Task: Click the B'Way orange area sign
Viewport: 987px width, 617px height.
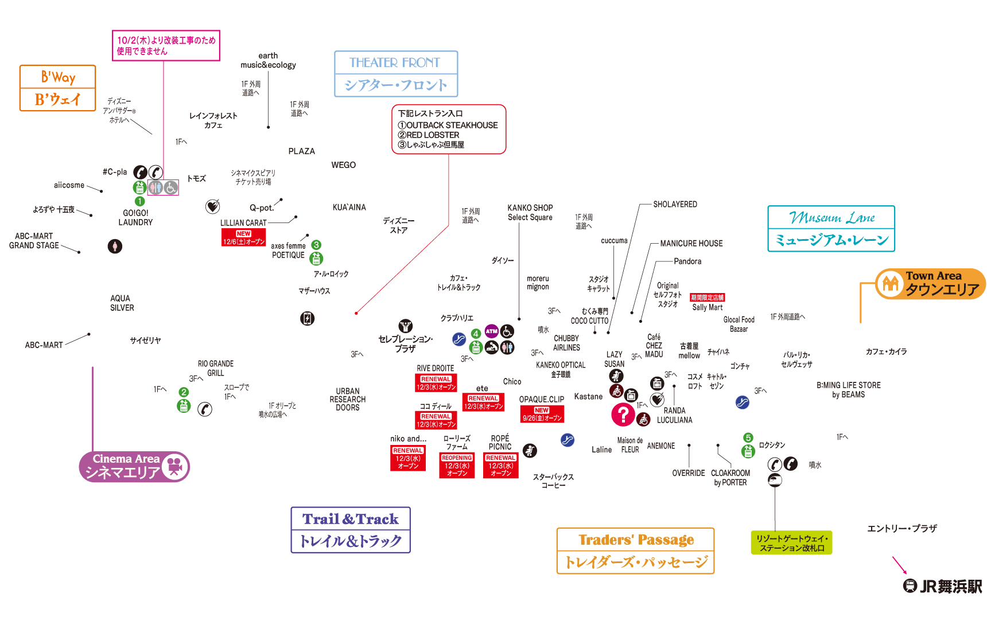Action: (x=57, y=88)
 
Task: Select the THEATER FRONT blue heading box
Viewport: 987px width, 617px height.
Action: (x=396, y=74)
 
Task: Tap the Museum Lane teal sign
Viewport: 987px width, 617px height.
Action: (x=831, y=229)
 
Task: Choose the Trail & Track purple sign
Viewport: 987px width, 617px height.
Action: (x=351, y=530)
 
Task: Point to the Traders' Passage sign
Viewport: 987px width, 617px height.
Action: (x=636, y=550)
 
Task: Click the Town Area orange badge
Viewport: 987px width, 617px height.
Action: (x=930, y=284)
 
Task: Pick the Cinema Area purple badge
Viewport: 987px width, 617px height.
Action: (x=134, y=466)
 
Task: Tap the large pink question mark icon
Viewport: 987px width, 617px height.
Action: (x=623, y=415)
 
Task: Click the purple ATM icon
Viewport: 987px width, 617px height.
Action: (x=492, y=331)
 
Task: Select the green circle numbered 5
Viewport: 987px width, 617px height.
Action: (x=748, y=438)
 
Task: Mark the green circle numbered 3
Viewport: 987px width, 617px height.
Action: (x=316, y=245)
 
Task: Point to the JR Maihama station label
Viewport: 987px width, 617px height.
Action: (x=943, y=586)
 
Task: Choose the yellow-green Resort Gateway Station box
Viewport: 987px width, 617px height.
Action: (x=791, y=542)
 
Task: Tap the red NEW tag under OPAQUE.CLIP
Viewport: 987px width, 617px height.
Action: (x=542, y=414)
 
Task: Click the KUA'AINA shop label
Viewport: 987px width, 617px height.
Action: (x=349, y=207)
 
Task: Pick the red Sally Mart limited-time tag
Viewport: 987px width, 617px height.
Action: (x=707, y=298)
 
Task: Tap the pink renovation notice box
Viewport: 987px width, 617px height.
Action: (x=166, y=45)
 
